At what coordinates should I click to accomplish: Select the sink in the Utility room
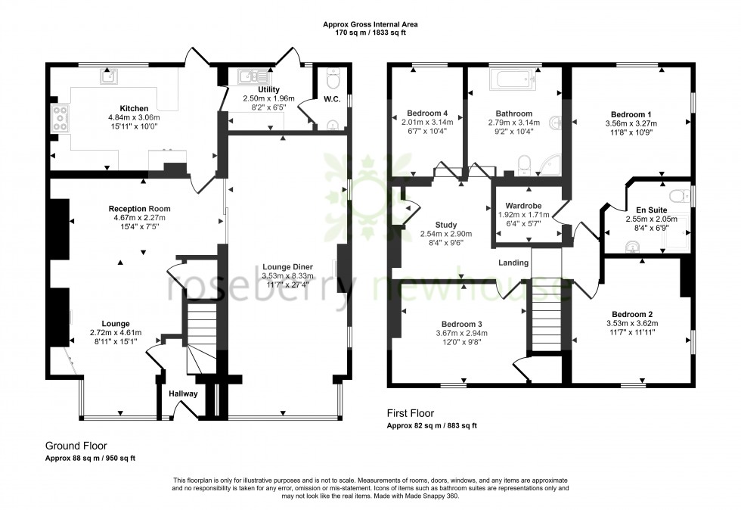[248, 76]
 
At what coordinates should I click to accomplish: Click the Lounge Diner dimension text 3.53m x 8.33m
[287, 275]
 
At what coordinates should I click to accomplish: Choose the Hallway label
[183, 393]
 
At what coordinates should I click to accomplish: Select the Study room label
[446, 225]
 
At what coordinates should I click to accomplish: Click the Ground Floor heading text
[75, 446]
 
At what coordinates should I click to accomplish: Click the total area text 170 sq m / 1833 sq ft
[370, 33]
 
